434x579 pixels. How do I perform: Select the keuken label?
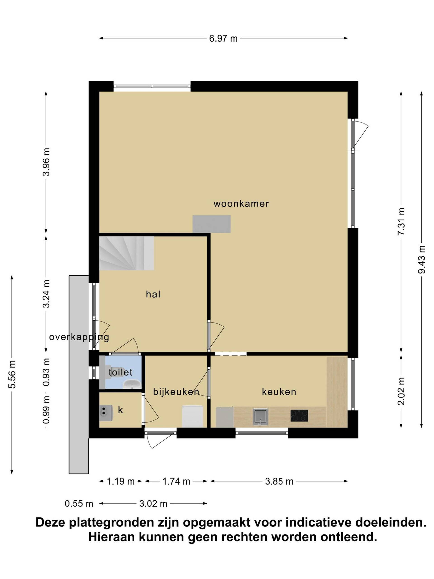coord(279,392)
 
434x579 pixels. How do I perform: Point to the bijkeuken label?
coord(176,392)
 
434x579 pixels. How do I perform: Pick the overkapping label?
coord(79,337)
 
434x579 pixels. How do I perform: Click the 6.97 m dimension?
coord(223,38)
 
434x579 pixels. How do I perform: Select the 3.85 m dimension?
coord(279,481)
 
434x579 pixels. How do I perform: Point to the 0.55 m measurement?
coord(79,504)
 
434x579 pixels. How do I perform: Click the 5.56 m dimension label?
coord(12,374)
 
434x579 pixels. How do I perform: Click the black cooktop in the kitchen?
coord(299,416)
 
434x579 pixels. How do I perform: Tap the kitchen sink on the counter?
coord(260,416)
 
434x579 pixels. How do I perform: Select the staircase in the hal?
coord(126,253)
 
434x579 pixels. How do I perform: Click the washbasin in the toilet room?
coord(132,384)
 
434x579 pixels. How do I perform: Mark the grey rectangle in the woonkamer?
coord(211,224)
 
